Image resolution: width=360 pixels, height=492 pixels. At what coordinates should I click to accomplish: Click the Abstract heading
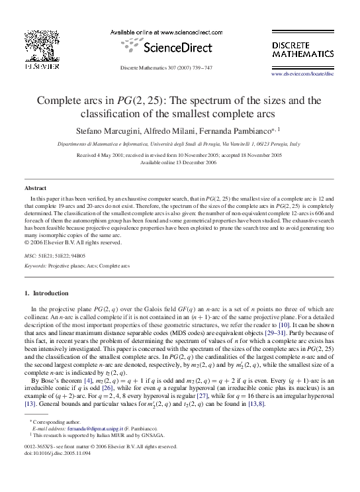[x=35, y=188]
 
